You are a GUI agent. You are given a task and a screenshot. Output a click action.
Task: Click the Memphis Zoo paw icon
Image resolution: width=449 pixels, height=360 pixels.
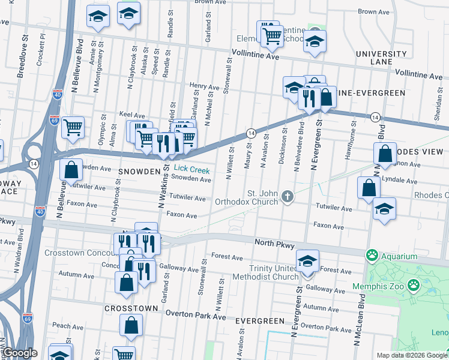click(414, 284)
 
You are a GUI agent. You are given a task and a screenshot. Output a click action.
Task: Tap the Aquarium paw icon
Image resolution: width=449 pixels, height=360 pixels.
click(373, 256)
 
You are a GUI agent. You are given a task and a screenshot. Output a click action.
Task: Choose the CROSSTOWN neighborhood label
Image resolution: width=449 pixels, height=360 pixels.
click(131, 308)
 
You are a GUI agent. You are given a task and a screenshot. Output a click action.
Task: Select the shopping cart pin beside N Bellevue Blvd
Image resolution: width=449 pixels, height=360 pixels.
click(73, 127)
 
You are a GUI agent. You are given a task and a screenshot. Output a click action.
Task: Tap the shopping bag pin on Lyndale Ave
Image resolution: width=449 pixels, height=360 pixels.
click(369, 187)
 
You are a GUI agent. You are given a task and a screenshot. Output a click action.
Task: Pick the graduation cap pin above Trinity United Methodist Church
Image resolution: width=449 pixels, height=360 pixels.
click(307, 260)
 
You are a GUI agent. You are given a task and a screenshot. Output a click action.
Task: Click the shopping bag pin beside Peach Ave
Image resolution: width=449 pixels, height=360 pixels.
click(131, 325)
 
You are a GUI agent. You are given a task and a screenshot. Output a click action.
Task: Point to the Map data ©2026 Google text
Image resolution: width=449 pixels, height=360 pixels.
click(411, 355)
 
